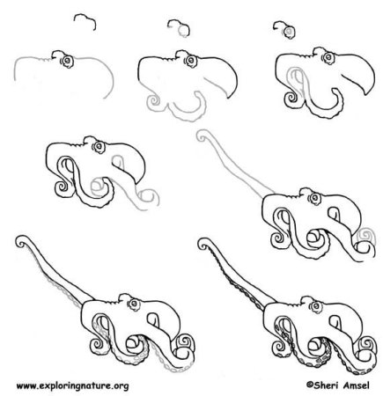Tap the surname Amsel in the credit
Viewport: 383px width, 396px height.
(x=356, y=385)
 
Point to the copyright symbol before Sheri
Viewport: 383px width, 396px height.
(x=309, y=385)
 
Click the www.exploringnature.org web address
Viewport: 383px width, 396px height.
(x=72, y=385)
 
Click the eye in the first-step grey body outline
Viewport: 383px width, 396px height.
(x=68, y=61)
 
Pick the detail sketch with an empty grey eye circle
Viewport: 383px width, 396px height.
(x=179, y=28)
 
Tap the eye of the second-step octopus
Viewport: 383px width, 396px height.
(x=191, y=61)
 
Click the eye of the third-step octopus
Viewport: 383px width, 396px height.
(x=329, y=57)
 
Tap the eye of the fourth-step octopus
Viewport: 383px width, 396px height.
(x=99, y=147)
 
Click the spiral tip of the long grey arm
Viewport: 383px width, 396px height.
(x=203, y=136)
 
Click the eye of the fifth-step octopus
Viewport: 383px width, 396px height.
(x=315, y=199)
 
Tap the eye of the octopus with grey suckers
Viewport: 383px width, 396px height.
(x=135, y=304)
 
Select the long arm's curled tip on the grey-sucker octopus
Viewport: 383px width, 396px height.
(x=21, y=242)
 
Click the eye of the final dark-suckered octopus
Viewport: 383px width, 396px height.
(x=316, y=306)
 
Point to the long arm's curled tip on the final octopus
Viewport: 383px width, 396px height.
(x=204, y=244)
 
